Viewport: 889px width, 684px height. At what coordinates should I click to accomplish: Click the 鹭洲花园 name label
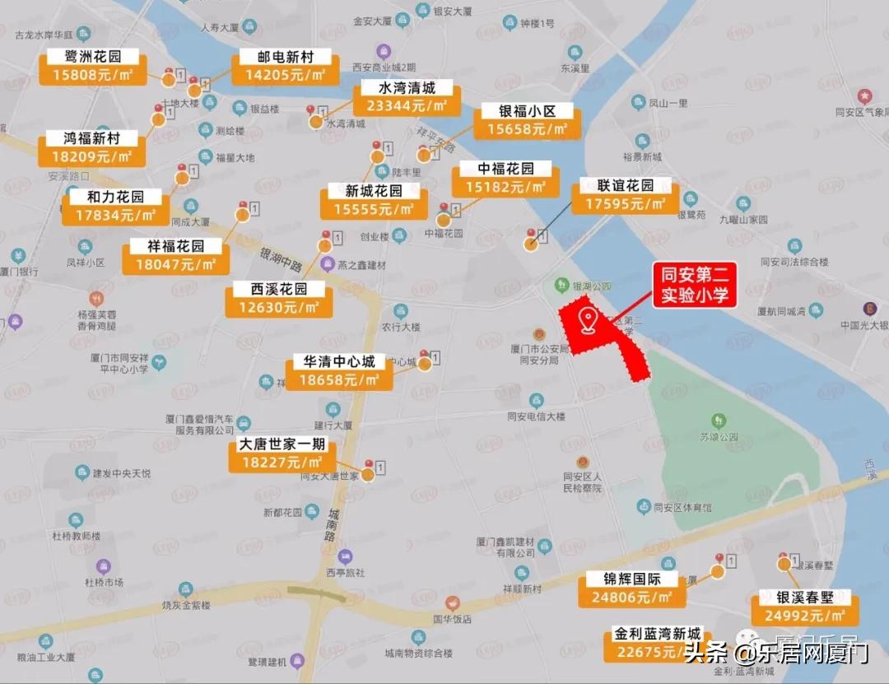click(92, 57)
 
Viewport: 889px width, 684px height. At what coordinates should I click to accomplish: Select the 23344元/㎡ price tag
click(407, 106)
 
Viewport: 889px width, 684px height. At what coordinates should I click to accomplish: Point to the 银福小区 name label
click(528, 111)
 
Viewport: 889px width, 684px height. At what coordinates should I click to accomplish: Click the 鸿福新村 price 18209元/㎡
click(91, 156)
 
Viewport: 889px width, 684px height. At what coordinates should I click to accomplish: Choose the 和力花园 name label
click(115, 198)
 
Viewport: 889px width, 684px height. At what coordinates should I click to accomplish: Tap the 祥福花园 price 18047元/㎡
click(175, 264)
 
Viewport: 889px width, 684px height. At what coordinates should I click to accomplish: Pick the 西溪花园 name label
click(279, 289)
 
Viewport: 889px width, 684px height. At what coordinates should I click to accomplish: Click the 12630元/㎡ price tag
click(279, 307)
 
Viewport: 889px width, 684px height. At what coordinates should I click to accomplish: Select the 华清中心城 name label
click(339, 362)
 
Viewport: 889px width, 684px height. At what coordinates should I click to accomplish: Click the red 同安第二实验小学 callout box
click(695, 286)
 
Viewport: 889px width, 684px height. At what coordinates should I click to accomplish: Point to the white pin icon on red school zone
click(588, 320)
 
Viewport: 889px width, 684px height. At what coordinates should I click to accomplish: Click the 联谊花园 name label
click(626, 185)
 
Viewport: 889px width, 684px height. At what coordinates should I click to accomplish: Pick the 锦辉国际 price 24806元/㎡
click(631, 598)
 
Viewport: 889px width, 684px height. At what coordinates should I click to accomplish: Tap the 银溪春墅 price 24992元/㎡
click(804, 616)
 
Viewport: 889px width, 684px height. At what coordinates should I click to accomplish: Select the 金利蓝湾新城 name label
click(658, 634)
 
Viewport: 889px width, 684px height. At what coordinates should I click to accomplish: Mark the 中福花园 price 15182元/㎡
click(505, 187)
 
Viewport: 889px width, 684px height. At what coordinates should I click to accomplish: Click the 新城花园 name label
click(374, 191)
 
